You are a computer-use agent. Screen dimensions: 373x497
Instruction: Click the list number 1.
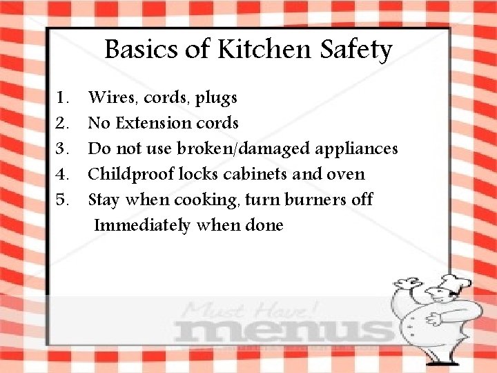click(x=63, y=97)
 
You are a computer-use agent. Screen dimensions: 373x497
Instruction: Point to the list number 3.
click(x=63, y=149)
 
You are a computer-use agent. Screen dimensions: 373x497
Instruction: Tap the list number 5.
click(x=63, y=200)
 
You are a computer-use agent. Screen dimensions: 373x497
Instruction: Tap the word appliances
click(x=357, y=149)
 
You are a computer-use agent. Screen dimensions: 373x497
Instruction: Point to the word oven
click(x=346, y=175)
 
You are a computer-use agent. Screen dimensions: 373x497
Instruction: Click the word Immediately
click(x=142, y=225)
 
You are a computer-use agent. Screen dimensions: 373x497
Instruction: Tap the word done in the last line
click(x=264, y=225)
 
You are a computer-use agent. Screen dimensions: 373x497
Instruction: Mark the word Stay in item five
click(x=104, y=200)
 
